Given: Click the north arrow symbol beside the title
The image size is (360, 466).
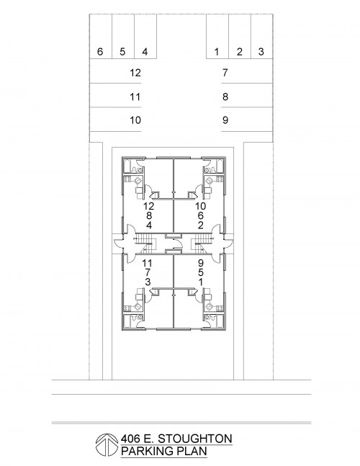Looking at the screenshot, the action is coord(107,444).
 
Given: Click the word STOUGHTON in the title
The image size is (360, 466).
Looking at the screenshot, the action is coord(194,439).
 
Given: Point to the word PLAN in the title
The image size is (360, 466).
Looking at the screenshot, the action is coord(192,451).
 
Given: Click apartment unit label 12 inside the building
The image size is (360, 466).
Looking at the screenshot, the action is coord(149,206).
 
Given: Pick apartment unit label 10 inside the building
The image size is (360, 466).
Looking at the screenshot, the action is coord(200,206).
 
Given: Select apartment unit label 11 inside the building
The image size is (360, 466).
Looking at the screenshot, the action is coord(148,263).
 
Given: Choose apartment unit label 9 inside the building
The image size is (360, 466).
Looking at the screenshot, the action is coord(201,263).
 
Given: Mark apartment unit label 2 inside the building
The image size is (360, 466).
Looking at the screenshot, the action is coord(201,225).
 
